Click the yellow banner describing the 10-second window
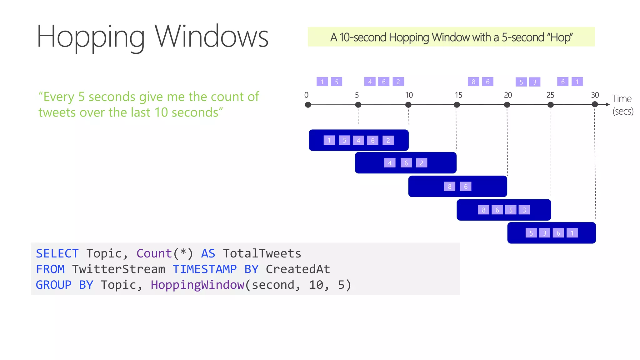point(451,37)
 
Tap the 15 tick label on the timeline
point(458,95)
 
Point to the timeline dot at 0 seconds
point(308,105)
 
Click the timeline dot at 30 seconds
point(595,104)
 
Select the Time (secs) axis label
point(622,105)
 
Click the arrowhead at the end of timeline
point(607,104)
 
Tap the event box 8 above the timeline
point(473,82)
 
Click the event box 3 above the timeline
point(535,82)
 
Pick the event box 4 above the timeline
point(370,82)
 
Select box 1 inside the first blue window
point(329,140)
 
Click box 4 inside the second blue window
point(389,163)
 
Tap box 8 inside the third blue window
point(449,187)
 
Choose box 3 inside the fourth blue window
point(524,210)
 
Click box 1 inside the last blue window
point(572,233)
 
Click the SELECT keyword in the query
point(57,253)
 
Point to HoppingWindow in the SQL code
point(197,285)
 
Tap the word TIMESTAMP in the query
point(205,269)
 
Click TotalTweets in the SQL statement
point(262,253)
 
